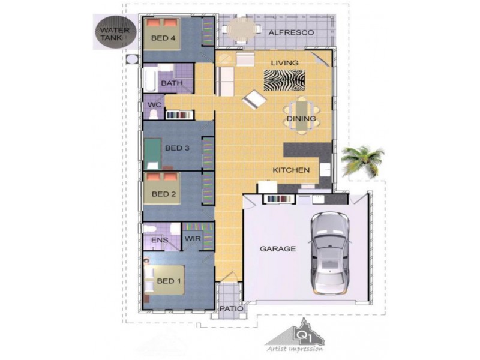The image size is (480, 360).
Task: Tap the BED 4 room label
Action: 163,38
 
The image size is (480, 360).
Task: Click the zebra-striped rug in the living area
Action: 283,79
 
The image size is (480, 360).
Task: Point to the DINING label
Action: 301,119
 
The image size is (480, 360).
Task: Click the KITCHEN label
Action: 292,170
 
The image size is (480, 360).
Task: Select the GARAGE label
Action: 277,248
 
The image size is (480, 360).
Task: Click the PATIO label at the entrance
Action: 231,309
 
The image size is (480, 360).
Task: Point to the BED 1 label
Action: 169,281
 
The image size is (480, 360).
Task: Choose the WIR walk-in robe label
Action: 192,239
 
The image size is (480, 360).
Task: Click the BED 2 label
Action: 163,194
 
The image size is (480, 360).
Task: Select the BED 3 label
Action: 177,148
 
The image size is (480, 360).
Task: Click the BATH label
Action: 172,83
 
